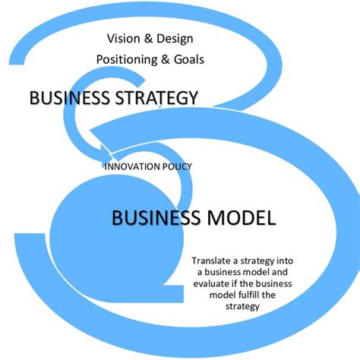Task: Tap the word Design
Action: (175, 39)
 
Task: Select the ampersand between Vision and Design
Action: (148, 39)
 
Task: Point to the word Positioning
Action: (127, 60)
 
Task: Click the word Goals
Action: (189, 59)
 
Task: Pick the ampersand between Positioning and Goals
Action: (166, 59)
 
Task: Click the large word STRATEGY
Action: (156, 98)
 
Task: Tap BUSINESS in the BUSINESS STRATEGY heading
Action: (70, 97)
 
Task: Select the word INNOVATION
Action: (132, 166)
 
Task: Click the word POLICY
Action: (177, 166)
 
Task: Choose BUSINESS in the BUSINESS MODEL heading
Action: (156, 218)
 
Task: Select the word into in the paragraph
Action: (285, 261)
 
